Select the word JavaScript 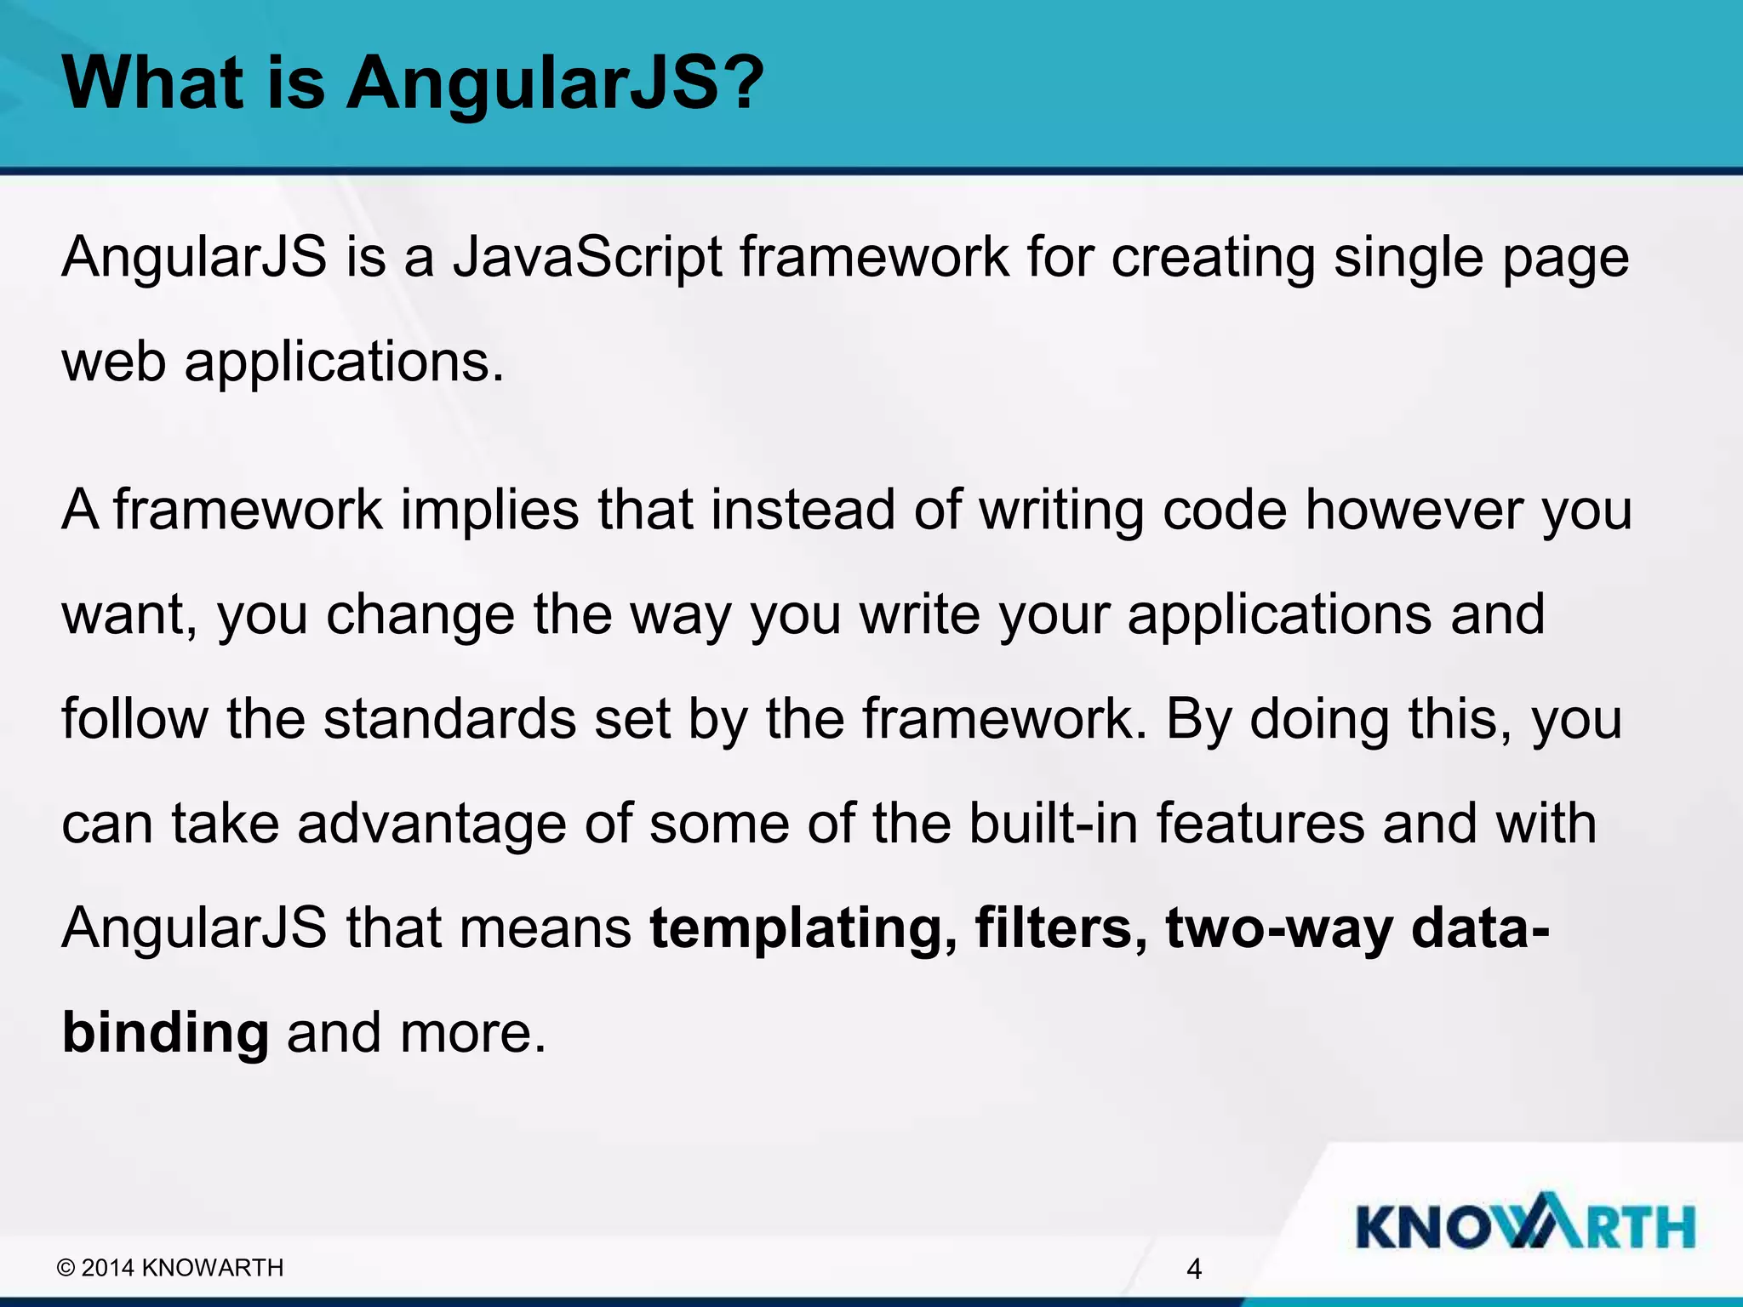click(587, 257)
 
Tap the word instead click(802, 510)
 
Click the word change click(420, 614)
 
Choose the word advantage click(431, 824)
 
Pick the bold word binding click(165, 1033)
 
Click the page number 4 click(1193, 1269)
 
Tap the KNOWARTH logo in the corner click(1524, 1226)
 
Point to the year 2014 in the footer click(108, 1268)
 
